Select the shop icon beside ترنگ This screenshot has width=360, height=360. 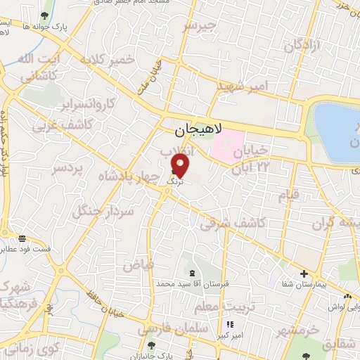[173, 172]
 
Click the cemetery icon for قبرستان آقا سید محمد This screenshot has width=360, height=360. [193, 272]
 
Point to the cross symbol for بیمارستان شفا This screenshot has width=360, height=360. [304, 274]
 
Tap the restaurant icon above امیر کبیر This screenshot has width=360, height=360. [229, 324]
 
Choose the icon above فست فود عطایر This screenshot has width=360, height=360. [22, 239]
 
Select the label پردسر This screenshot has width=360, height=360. [67, 168]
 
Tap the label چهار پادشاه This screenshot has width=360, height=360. [130, 174]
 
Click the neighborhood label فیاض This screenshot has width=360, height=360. [138, 265]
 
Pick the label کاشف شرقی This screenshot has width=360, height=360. [232, 224]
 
